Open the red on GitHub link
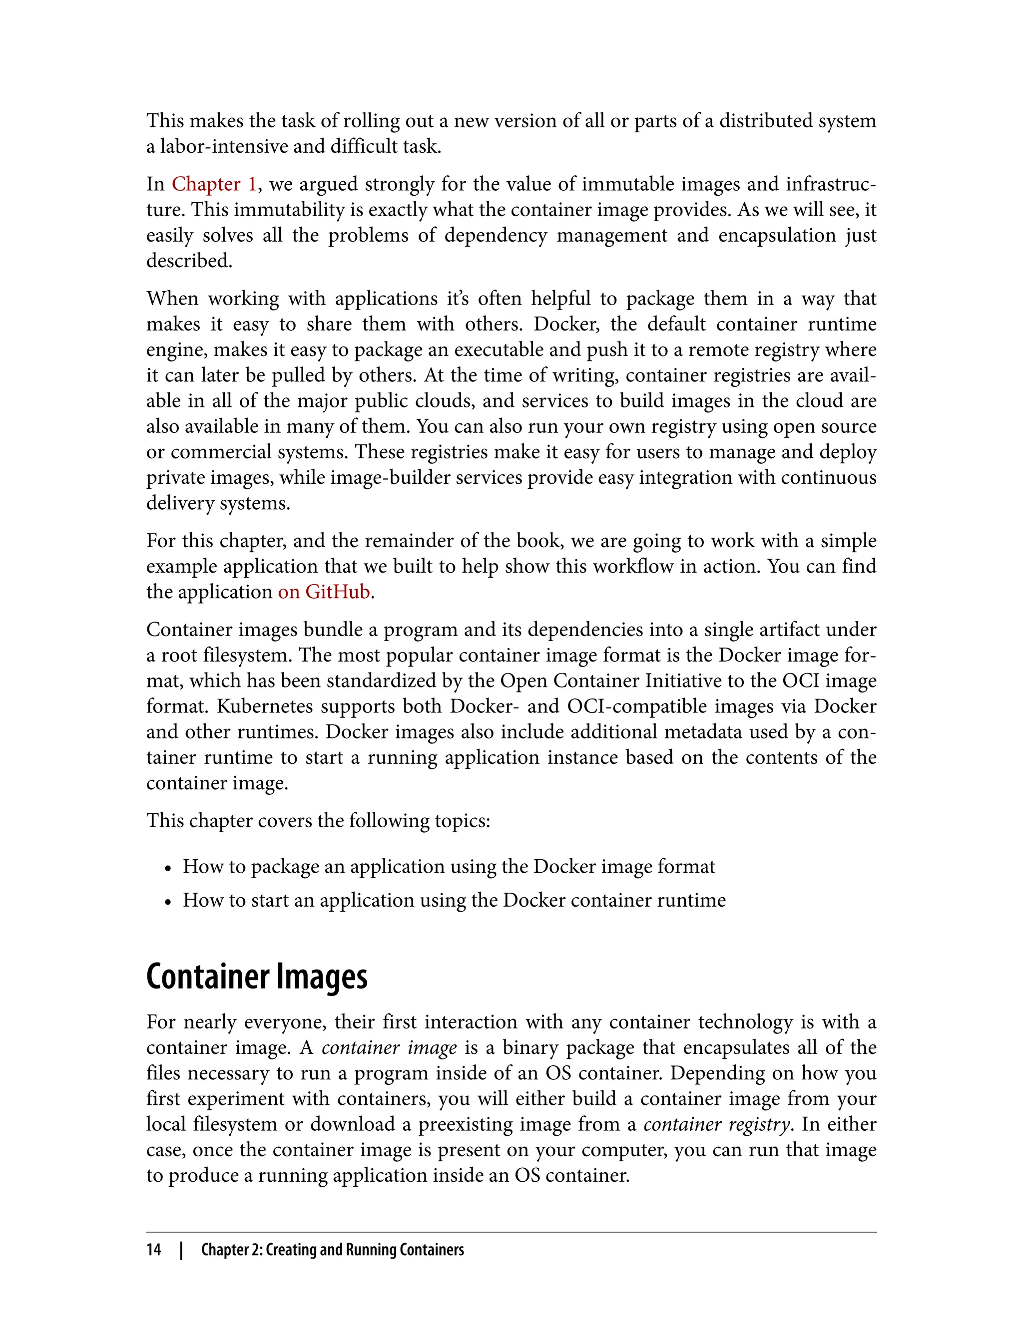[324, 592]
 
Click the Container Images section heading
[256, 977]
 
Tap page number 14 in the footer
[153, 1250]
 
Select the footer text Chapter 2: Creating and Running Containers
[333, 1250]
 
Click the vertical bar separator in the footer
[181, 1250]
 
